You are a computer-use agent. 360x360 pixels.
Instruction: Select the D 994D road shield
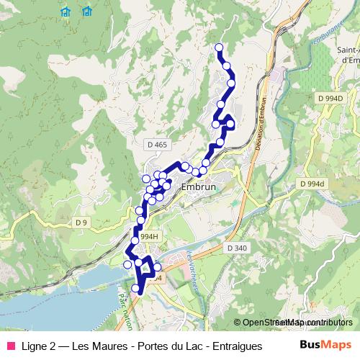coord(330,97)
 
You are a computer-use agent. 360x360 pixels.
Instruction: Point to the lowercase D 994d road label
coord(312,184)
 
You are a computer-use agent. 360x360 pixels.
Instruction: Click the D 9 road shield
coord(81,223)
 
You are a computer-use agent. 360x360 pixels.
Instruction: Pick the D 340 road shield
coord(237,248)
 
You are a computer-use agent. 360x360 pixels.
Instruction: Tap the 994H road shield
coord(149,236)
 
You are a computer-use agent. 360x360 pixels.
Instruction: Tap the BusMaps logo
coord(325,344)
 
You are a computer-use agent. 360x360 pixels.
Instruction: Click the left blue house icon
coord(66,11)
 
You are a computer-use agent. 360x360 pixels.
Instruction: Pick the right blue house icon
coord(87,11)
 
